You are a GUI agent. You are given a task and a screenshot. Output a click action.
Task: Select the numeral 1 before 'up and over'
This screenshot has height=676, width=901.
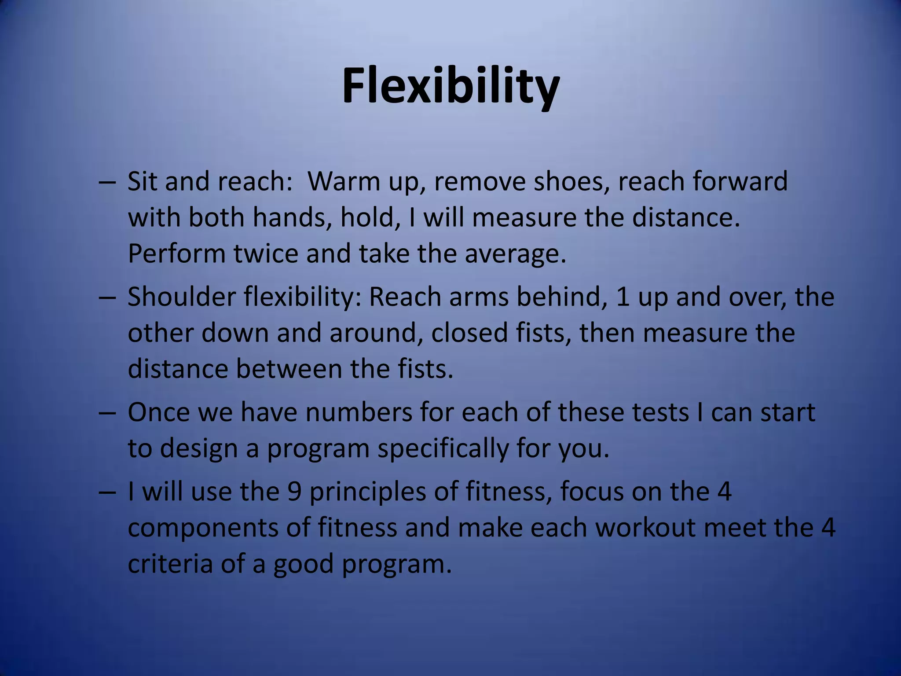621,297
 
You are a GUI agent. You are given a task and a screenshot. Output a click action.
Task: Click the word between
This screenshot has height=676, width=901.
289,369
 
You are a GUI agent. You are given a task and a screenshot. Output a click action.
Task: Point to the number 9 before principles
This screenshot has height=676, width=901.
294,491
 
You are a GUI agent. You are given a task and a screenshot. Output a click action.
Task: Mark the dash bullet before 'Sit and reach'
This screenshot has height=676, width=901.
107,182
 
